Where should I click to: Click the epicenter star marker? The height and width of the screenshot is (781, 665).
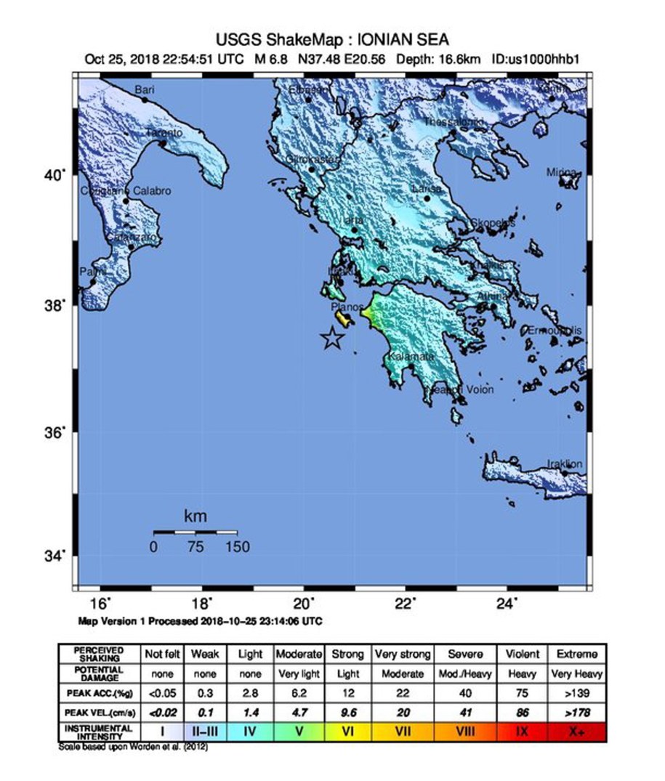pyautogui.click(x=331, y=338)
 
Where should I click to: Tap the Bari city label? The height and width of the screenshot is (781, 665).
pyautogui.click(x=145, y=89)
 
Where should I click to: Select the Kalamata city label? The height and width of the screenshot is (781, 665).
pyautogui.click(x=411, y=357)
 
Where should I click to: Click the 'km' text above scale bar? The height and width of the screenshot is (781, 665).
pyautogui.click(x=195, y=517)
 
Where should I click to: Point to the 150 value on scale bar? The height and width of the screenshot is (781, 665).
pyautogui.click(x=237, y=547)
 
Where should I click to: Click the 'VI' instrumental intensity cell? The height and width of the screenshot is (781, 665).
pyautogui.click(x=347, y=731)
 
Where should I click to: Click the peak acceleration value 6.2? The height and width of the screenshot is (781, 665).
pyautogui.click(x=298, y=692)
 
